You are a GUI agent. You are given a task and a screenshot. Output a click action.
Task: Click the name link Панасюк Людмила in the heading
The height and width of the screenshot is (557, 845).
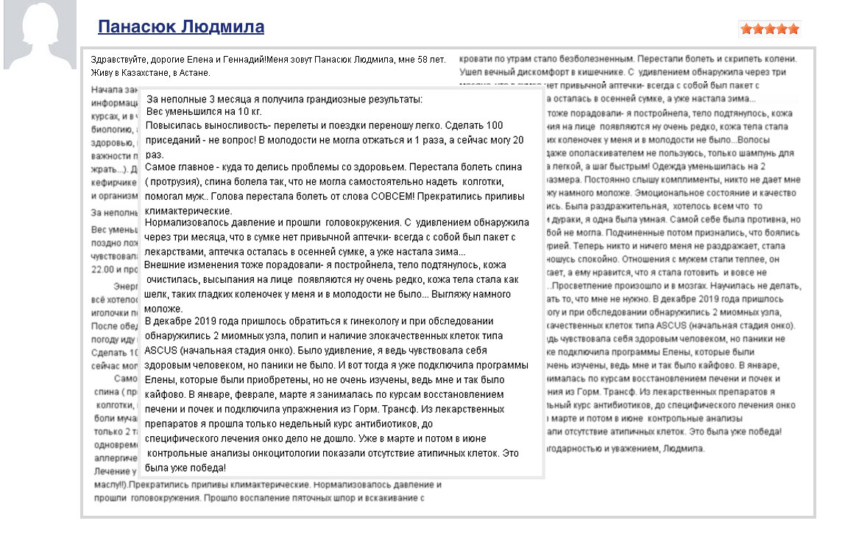(180, 28)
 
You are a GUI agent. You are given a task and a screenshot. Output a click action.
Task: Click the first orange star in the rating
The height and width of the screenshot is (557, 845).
(746, 29)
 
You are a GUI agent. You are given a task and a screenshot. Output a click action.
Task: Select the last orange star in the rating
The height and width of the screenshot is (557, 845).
(793, 29)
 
